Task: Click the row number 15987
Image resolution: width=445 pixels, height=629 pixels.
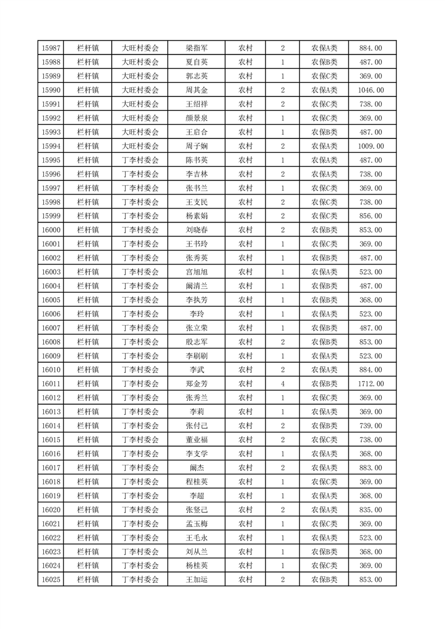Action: (51, 48)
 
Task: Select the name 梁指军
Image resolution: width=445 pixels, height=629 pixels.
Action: (196, 48)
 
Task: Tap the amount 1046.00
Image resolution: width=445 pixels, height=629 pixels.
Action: (371, 90)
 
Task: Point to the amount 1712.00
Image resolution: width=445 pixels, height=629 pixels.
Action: (371, 383)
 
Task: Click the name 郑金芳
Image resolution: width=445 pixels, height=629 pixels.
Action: (196, 383)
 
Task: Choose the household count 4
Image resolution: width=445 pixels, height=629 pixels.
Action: (282, 383)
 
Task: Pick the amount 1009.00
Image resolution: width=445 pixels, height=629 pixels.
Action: (371, 146)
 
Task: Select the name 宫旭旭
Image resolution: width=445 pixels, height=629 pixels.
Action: (196, 272)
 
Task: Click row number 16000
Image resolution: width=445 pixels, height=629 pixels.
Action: (51, 230)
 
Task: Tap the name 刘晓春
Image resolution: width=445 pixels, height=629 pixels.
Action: (196, 230)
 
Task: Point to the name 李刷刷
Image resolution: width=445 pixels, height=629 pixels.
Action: (196, 356)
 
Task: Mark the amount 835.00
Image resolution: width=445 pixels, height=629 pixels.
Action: (371, 510)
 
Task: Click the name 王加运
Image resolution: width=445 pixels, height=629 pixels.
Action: (196, 580)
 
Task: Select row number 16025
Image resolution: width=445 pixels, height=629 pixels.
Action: (51, 580)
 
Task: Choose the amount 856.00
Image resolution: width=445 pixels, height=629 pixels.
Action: (371, 216)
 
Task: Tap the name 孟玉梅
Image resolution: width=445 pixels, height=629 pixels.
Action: (196, 524)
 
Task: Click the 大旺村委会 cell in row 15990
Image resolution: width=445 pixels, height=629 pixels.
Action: (140, 90)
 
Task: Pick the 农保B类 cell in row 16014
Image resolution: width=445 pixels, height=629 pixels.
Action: (324, 425)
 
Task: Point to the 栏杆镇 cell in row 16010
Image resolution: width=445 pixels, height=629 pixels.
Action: (88, 370)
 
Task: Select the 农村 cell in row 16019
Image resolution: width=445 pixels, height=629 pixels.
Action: (245, 496)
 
